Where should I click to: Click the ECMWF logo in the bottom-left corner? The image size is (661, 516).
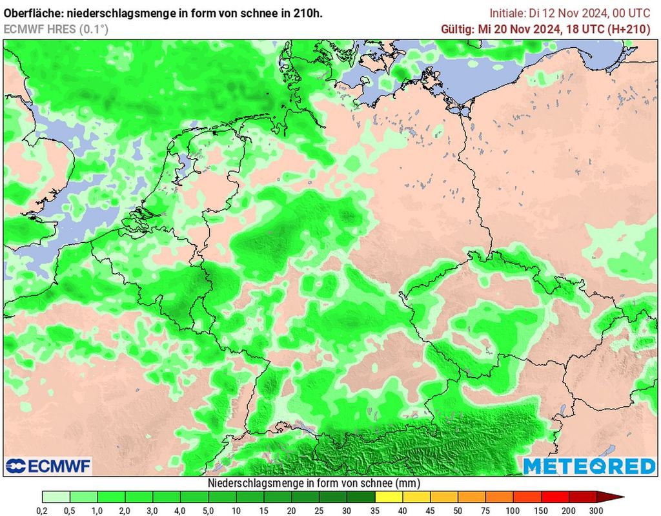[x=48, y=466]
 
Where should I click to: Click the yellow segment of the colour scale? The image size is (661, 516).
[x=389, y=497]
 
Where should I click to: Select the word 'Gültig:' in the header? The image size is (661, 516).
[x=457, y=28]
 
